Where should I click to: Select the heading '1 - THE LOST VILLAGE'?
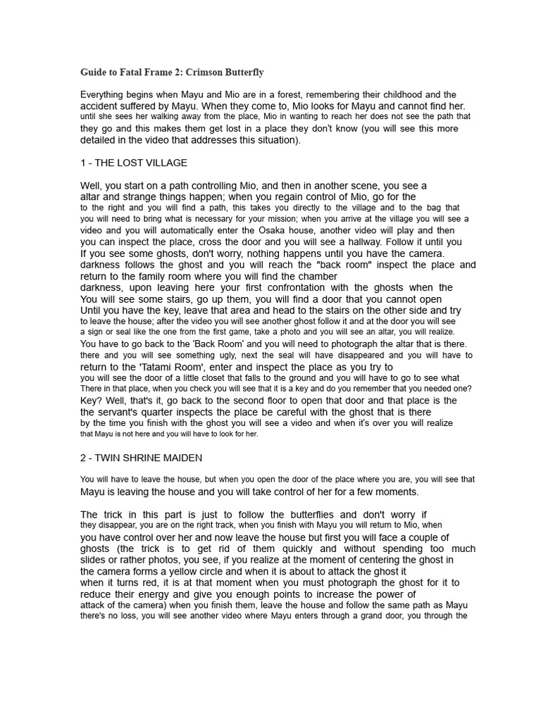(134, 163)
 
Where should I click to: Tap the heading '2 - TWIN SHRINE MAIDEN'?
(142, 458)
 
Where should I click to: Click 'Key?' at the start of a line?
(91, 401)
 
